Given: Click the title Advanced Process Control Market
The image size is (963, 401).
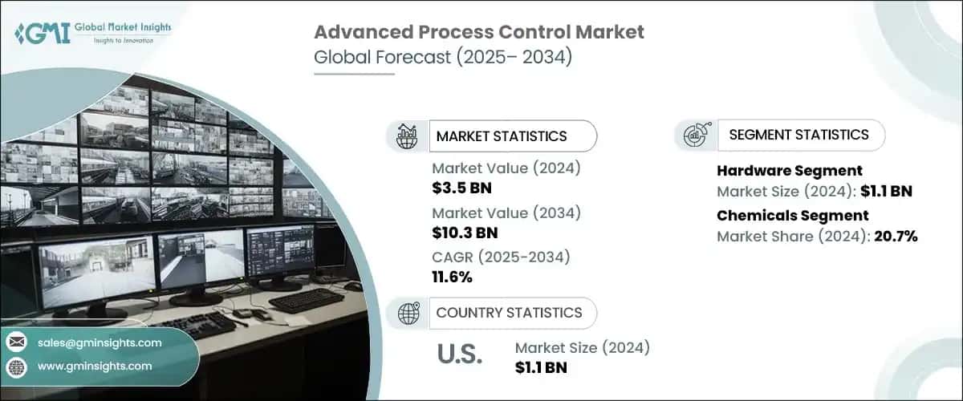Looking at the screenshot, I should (478, 33).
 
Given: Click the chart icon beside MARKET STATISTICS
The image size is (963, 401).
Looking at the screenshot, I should (407, 136).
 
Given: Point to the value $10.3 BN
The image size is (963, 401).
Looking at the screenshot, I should (465, 233).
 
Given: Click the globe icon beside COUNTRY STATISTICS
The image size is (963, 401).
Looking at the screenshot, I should (407, 313).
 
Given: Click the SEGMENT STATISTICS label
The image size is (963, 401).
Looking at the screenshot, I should (798, 135).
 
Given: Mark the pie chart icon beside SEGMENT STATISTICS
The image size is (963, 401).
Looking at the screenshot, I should (695, 136).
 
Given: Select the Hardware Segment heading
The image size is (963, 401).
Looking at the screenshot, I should (790, 170).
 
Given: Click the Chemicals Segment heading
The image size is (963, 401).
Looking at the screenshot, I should (793, 215).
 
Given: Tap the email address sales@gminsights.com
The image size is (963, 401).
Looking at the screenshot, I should (100, 342).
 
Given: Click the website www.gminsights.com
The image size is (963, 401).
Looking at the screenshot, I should (95, 366).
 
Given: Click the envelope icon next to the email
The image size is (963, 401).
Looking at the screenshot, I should (17, 342).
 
